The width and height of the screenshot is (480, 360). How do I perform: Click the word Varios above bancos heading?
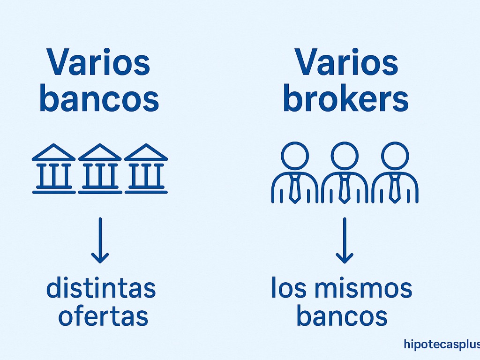[x=98, y=63]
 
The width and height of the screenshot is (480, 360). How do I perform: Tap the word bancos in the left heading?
[x=99, y=99]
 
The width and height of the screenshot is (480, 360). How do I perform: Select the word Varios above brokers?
[x=346, y=63]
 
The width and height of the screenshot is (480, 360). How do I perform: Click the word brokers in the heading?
[x=346, y=99]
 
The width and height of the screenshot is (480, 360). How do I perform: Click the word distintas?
[x=101, y=289]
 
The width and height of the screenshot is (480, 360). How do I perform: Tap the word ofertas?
[x=103, y=316]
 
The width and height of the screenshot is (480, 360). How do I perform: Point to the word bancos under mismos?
[x=342, y=316]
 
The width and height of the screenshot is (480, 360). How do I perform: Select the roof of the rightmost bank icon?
[x=146, y=153]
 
